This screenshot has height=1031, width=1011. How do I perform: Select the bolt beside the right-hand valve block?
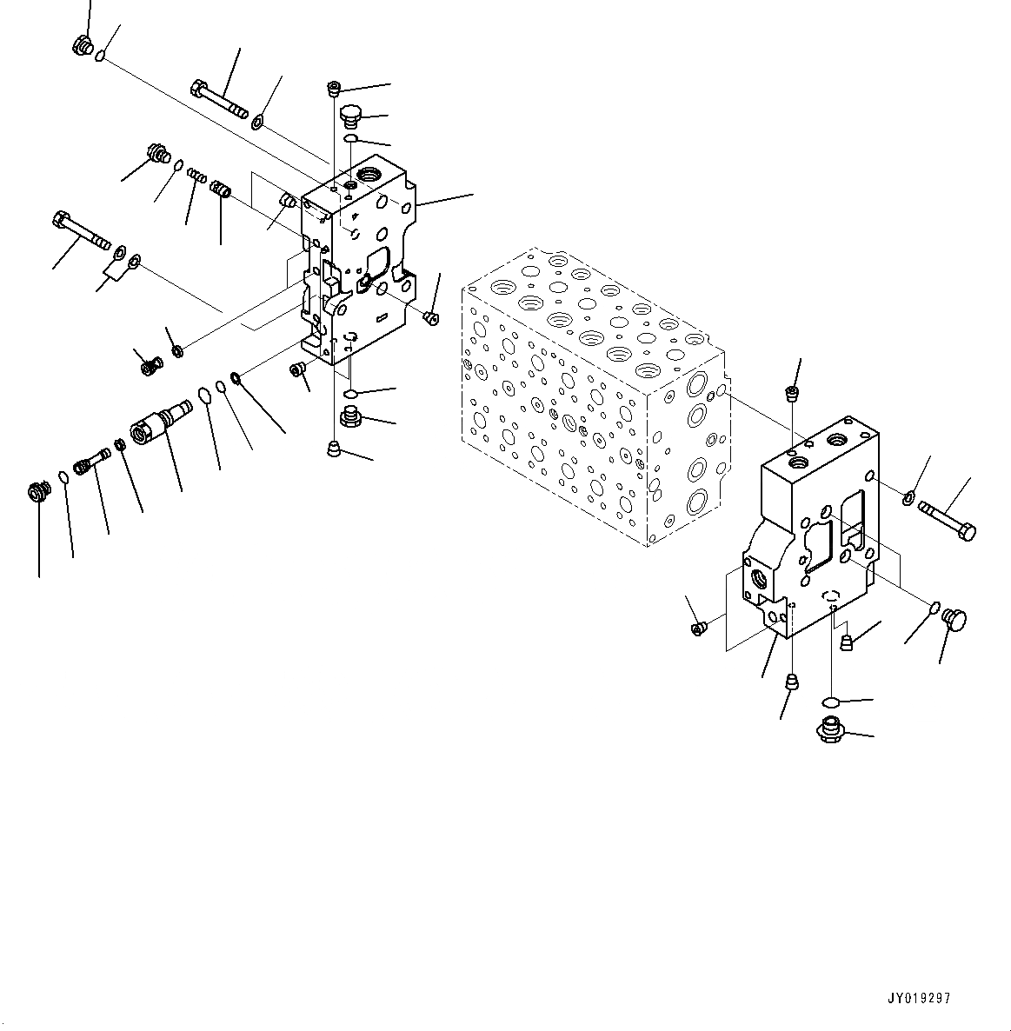click(x=947, y=519)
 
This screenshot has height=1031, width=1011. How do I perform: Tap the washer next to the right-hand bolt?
click(x=908, y=498)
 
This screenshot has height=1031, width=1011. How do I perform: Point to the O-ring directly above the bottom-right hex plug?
click(x=830, y=702)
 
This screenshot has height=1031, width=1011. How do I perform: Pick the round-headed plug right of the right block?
click(x=954, y=620)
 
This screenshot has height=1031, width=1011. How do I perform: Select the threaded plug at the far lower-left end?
click(x=37, y=493)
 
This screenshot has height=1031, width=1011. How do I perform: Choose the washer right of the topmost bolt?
click(x=259, y=121)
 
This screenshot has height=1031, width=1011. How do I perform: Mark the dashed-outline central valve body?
click(x=591, y=391)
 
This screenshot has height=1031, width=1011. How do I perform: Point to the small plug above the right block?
click(x=792, y=395)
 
